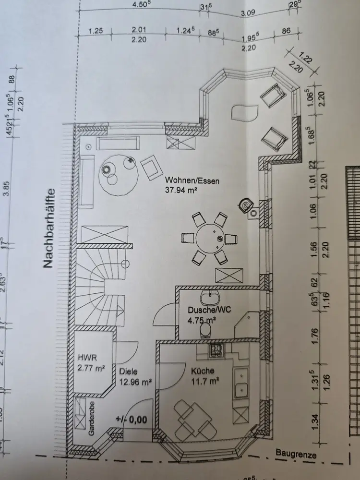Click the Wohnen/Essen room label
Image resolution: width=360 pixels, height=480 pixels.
click(192, 181)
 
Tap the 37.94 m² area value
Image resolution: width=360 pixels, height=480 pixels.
click(182, 191)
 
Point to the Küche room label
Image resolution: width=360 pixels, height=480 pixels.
click(202, 371)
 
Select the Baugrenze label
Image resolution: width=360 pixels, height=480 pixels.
click(296, 453)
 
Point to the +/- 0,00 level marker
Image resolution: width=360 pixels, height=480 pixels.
click(131, 419)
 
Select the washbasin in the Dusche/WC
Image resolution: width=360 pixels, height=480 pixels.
click(210, 298)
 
